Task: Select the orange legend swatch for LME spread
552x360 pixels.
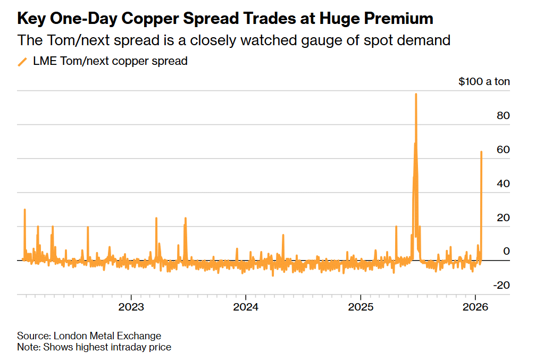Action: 22,62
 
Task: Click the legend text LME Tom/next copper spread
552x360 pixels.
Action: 110,61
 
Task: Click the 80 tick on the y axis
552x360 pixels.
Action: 503,116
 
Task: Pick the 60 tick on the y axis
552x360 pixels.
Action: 503,150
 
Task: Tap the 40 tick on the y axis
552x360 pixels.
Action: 503,184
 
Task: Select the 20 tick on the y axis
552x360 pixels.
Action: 503,218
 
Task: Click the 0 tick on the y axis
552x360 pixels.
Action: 506,252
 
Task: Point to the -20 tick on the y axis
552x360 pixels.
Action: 501,286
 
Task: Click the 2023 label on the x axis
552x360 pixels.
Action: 131,307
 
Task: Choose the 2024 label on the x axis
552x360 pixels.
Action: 246,307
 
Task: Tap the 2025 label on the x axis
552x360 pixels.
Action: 360,307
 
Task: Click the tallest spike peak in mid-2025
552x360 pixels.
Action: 416,94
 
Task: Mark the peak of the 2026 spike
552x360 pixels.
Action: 481,152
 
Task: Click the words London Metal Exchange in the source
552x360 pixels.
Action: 107,336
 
